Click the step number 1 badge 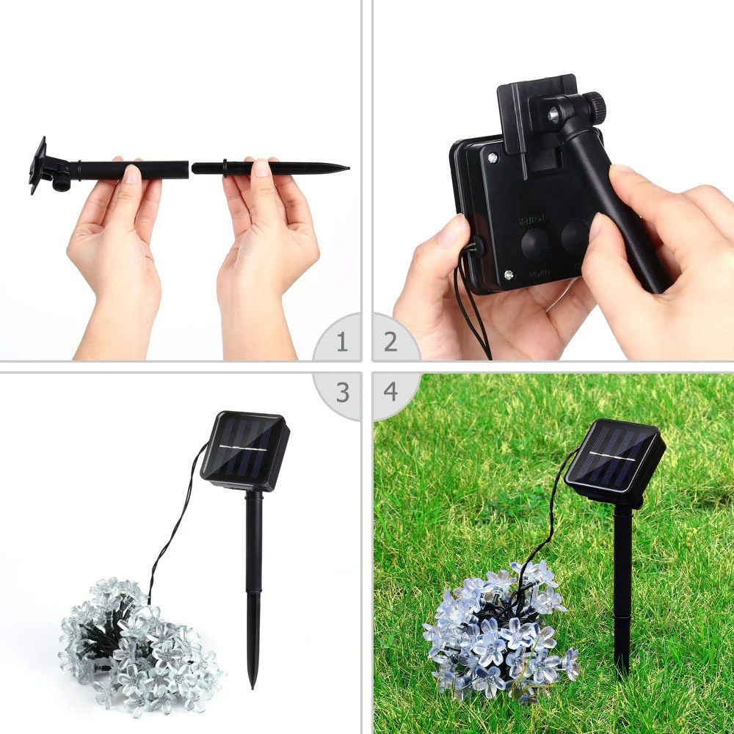point(342,342)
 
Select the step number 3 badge point(342,392)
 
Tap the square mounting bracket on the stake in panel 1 point(38,165)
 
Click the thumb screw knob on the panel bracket point(594,108)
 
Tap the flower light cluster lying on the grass point(499,631)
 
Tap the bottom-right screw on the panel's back point(509,275)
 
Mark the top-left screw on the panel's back point(490,156)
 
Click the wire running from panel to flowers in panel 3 point(172,528)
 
